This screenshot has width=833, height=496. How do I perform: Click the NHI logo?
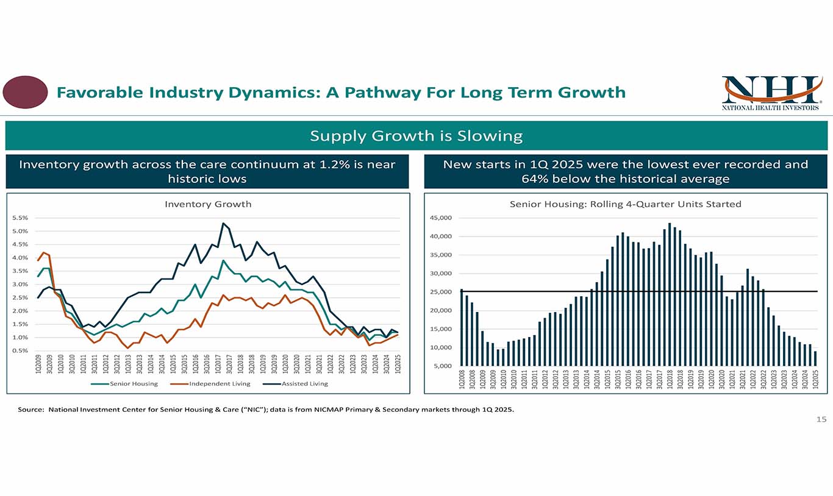771,93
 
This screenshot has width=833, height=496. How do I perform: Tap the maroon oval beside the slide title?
25,92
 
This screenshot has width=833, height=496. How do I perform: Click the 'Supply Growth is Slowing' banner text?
416,135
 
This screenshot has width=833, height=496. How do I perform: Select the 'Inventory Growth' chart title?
208,204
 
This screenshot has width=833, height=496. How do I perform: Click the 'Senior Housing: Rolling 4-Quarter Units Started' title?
625,204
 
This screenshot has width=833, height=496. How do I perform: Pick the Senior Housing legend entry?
124,384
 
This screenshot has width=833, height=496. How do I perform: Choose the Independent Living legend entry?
211,384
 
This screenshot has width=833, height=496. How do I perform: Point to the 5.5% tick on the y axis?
20,218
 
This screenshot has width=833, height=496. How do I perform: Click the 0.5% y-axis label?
20,350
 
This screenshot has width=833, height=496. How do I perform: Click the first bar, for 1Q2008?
462,328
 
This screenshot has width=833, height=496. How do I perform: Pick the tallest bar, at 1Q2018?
670,295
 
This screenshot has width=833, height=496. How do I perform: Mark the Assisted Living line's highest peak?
223,224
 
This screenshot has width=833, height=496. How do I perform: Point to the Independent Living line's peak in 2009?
43,252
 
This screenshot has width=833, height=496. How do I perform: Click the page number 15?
821,419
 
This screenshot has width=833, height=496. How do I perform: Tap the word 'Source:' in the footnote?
31,410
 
